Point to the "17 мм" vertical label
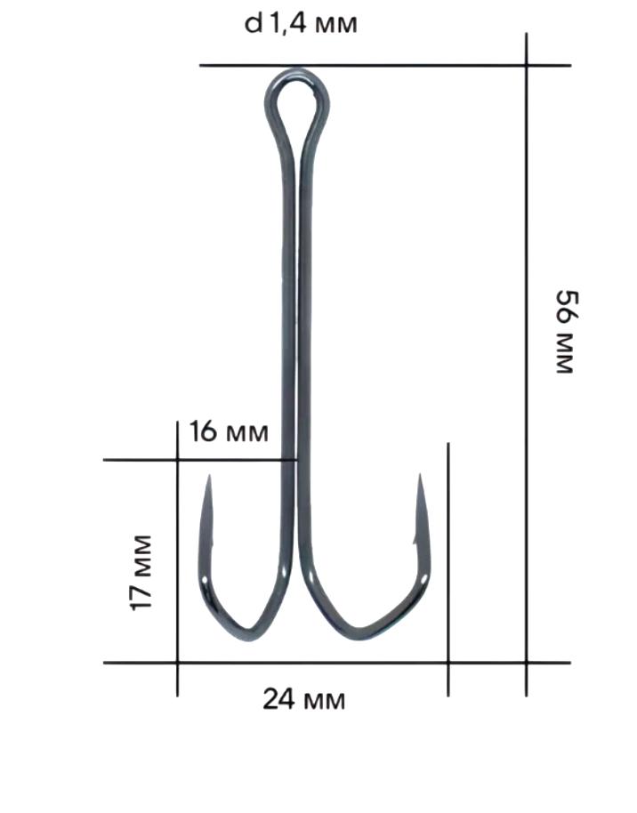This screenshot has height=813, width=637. [141, 572]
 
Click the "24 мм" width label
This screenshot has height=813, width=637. [303, 700]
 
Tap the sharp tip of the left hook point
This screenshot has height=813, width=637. [209, 478]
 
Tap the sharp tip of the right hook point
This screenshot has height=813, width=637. [419, 477]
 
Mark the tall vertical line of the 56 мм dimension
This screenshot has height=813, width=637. [527, 356]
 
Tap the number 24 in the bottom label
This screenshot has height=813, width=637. [278, 700]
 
